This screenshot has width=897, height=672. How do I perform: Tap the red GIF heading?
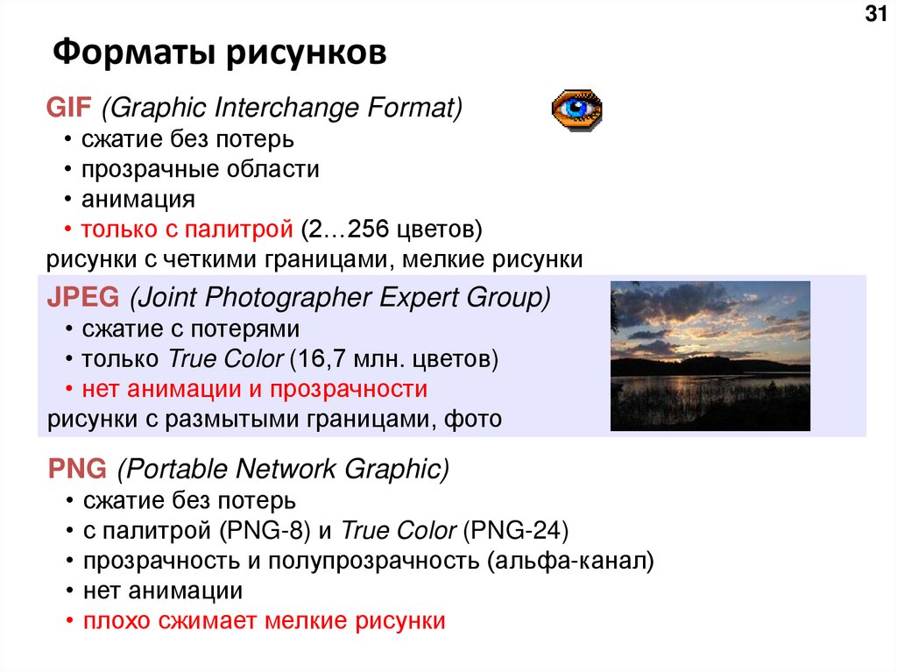click(x=68, y=109)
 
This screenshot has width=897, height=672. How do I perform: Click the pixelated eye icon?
click(x=576, y=110)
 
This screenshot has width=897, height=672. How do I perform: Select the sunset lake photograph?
click(x=710, y=356)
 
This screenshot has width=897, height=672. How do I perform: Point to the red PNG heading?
click(x=76, y=470)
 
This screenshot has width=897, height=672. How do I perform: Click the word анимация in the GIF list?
click(x=138, y=199)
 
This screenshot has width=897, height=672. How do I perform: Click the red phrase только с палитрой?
click(x=187, y=230)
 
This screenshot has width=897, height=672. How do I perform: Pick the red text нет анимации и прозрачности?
click(x=255, y=389)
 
